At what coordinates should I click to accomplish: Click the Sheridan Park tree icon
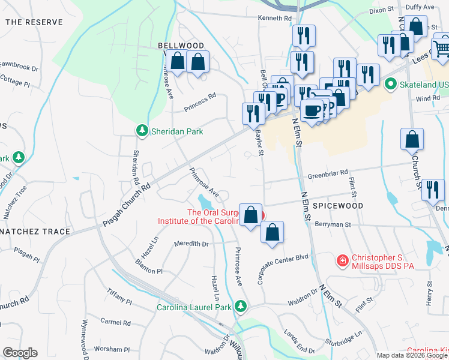tap(142, 130)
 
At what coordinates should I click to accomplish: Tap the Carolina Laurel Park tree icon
tap(241, 307)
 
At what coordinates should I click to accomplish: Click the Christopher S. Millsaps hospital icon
tap(342, 260)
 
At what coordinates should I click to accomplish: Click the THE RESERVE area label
tap(34, 22)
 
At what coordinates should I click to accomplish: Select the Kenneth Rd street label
tap(274, 19)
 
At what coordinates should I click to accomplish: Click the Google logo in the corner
tap(20, 353)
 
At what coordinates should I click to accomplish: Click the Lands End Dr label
tap(300, 341)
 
